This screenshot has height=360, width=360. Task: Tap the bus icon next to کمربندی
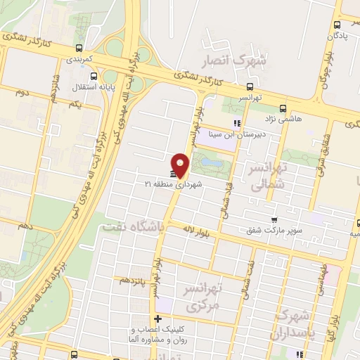[x=78, y=49]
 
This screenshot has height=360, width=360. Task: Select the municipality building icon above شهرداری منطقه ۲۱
[x=173, y=174]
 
